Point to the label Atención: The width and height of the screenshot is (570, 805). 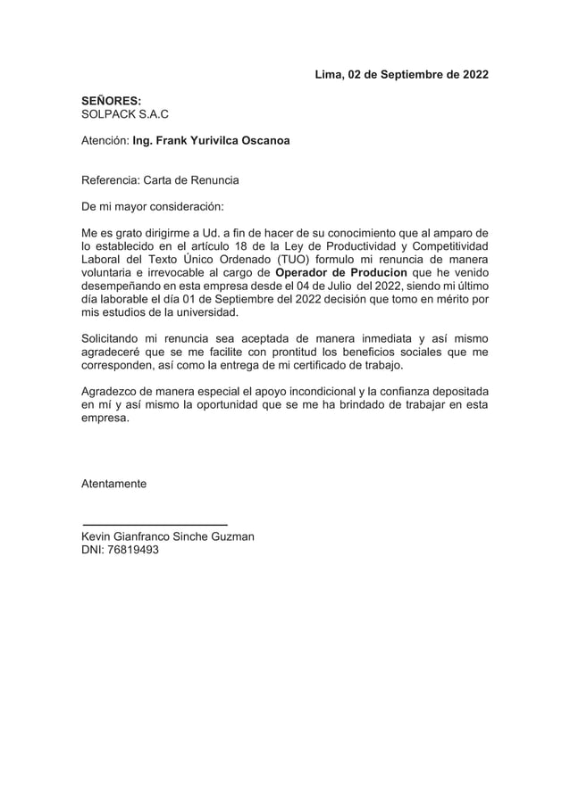tap(105, 141)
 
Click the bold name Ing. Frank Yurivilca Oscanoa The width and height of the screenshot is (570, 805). tap(211, 141)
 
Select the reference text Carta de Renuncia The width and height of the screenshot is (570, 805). tap(189, 180)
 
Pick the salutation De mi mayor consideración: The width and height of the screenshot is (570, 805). tap(152, 207)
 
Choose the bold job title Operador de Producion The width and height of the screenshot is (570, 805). tap(341, 272)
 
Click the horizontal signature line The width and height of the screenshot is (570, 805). tap(155, 523)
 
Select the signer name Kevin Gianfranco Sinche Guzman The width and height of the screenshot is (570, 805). tap(168, 536)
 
